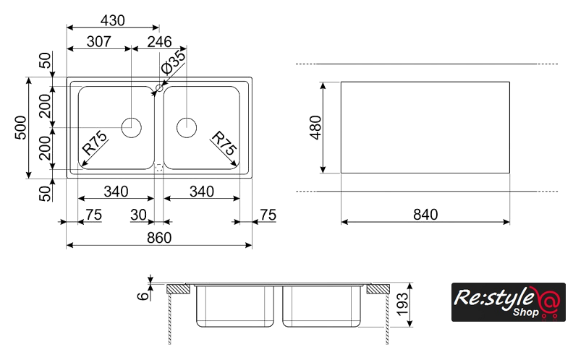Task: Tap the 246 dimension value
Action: pyautogui.click(x=160, y=42)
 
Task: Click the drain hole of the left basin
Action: pyautogui.click(x=131, y=127)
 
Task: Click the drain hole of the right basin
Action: pyautogui.click(x=187, y=127)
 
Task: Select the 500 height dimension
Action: pyautogui.click(x=21, y=128)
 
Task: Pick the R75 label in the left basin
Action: pyautogui.click(x=95, y=144)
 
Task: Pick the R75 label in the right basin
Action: pyautogui.click(x=224, y=144)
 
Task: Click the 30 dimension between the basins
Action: pyautogui.click(x=138, y=214)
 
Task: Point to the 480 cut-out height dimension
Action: pyautogui.click(x=315, y=127)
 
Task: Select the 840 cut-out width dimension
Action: pyautogui.click(x=425, y=214)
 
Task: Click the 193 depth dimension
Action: pyautogui.click(x=404, y=304)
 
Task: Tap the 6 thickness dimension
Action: pyautogui.click(x=143, y=293)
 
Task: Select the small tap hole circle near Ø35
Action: pyautogui.click(x=158, y=88)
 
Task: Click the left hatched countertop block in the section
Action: pyautogui.click(x=179, y=289)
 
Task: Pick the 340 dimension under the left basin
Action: pyautogui.click(x=116, y=192)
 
